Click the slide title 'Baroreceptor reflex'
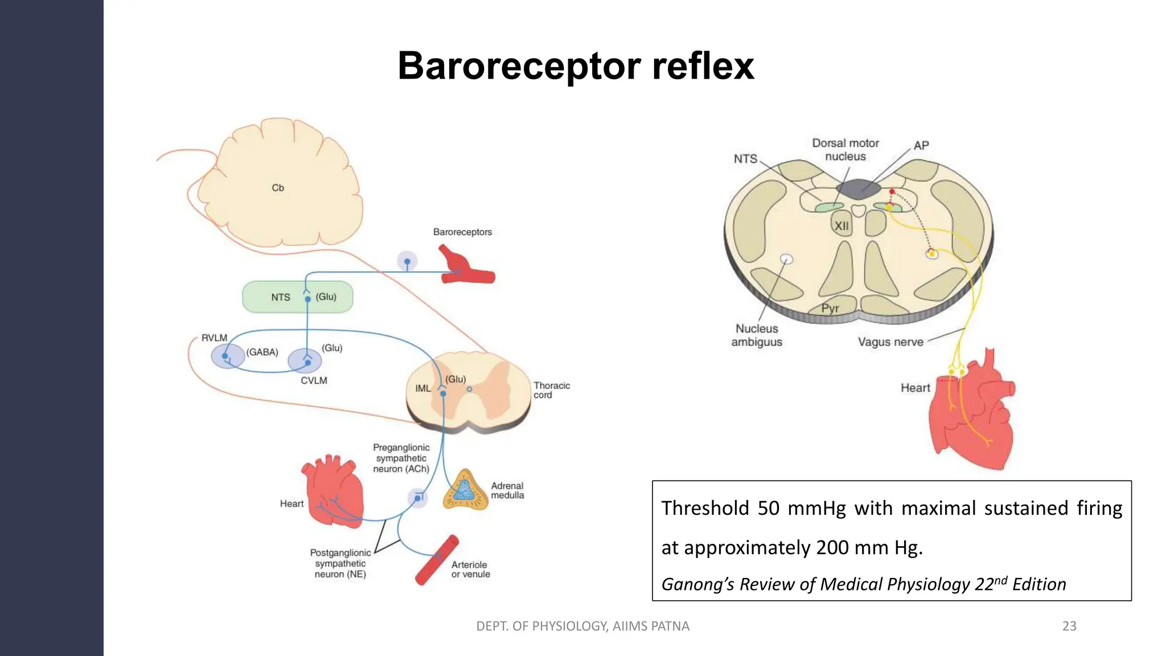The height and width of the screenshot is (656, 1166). [x=576, y=66]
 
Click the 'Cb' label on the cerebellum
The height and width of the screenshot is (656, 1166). [x=278, y=188]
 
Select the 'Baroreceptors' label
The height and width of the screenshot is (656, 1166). [x=462, y=232]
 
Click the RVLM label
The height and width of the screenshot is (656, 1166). [x=214, y=338]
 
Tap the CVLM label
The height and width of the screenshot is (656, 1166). [x=314, y=380]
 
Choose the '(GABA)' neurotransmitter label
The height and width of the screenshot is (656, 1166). [x=262, y=352]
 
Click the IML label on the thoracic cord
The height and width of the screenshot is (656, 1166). [x=422, y=388]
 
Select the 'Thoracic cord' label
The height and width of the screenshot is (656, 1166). [x=551, y=390]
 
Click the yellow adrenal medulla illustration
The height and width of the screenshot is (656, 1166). [x=465, y=490]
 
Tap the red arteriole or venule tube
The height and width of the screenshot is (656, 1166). [x=437, y=560]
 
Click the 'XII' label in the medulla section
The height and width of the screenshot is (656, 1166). [x=841, y=226]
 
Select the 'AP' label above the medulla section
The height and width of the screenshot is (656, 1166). [x=921, y=145]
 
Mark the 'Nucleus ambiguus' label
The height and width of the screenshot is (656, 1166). [x=757, y=335]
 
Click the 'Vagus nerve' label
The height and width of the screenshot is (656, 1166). [x=890, y=342]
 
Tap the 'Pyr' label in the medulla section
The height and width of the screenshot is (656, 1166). [x=830, y=308]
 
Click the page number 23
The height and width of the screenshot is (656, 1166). [x=1069, y=626]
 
